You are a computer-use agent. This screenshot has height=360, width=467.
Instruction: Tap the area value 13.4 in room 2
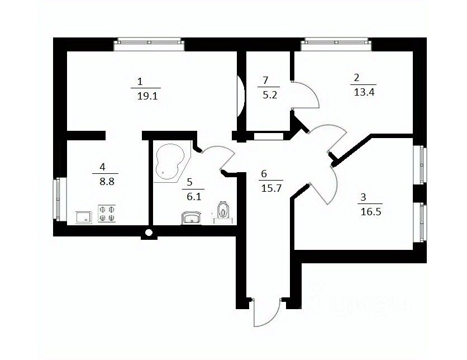(x=364, y=93)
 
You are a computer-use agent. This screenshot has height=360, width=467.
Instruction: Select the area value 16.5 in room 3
(x=367, y=212)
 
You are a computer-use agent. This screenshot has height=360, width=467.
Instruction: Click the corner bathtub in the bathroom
(x=170, y=163)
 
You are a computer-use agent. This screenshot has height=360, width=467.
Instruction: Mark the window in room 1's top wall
(x=149, y=43)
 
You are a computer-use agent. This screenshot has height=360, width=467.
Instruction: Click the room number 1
(x=140, y=79)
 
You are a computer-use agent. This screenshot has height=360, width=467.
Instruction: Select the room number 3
(x=364, y=197)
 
